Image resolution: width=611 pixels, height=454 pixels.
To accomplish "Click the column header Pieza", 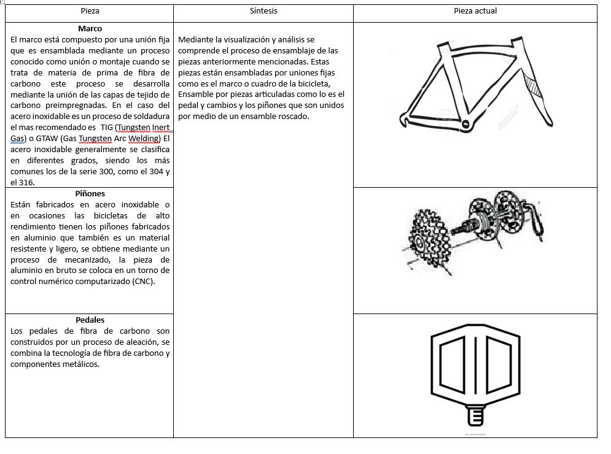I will click(90, 11).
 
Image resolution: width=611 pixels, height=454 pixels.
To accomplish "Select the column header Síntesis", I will click(263, 11).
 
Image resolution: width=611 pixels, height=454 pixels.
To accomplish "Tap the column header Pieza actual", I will click(475, 11).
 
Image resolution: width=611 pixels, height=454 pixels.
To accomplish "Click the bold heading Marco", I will click(90, 29).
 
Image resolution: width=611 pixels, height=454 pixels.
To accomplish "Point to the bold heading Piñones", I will click(90, 194).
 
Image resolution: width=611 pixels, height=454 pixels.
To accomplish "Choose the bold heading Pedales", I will click(90, 320).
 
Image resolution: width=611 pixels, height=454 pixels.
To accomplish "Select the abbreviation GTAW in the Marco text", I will click(47, 139).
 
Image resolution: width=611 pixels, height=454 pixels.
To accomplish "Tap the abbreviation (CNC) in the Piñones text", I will click(144, 282).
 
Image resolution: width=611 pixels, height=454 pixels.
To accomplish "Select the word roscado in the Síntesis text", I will click(294, 117).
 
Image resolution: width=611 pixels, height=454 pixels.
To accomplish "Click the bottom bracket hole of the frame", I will click(465, 125).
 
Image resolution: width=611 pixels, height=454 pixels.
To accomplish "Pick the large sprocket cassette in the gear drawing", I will click(425, 239).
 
